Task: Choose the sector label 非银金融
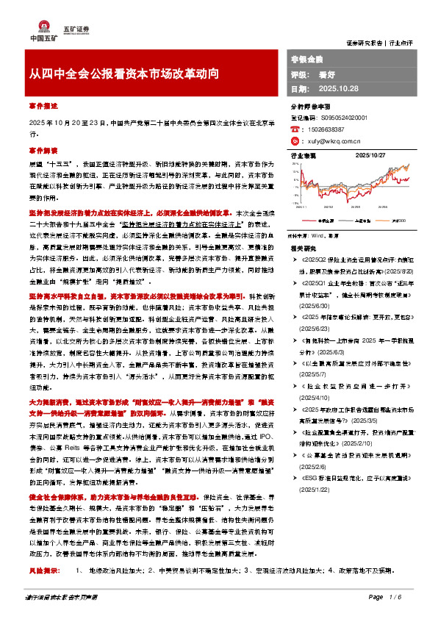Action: [x=306, y=57]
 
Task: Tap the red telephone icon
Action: [x=295, y=128]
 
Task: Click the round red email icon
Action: [x=295, y=140]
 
